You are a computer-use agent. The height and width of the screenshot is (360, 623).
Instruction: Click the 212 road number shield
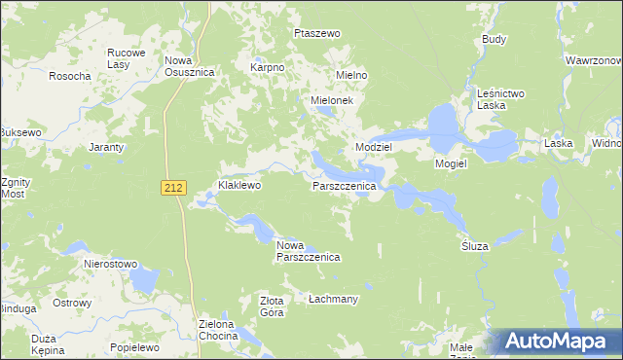coord(173,188)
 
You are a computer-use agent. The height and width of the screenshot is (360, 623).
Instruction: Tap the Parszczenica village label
coord(344,185)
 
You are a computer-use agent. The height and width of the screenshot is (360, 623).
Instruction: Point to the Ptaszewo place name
coord(317,33)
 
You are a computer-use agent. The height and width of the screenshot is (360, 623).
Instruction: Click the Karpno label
coord(267,68)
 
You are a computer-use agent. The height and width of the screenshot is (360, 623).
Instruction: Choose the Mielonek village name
coord(337,100)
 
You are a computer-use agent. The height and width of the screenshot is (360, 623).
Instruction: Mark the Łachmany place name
coord(333,299)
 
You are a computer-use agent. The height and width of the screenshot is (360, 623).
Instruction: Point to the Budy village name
coord(495,40)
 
